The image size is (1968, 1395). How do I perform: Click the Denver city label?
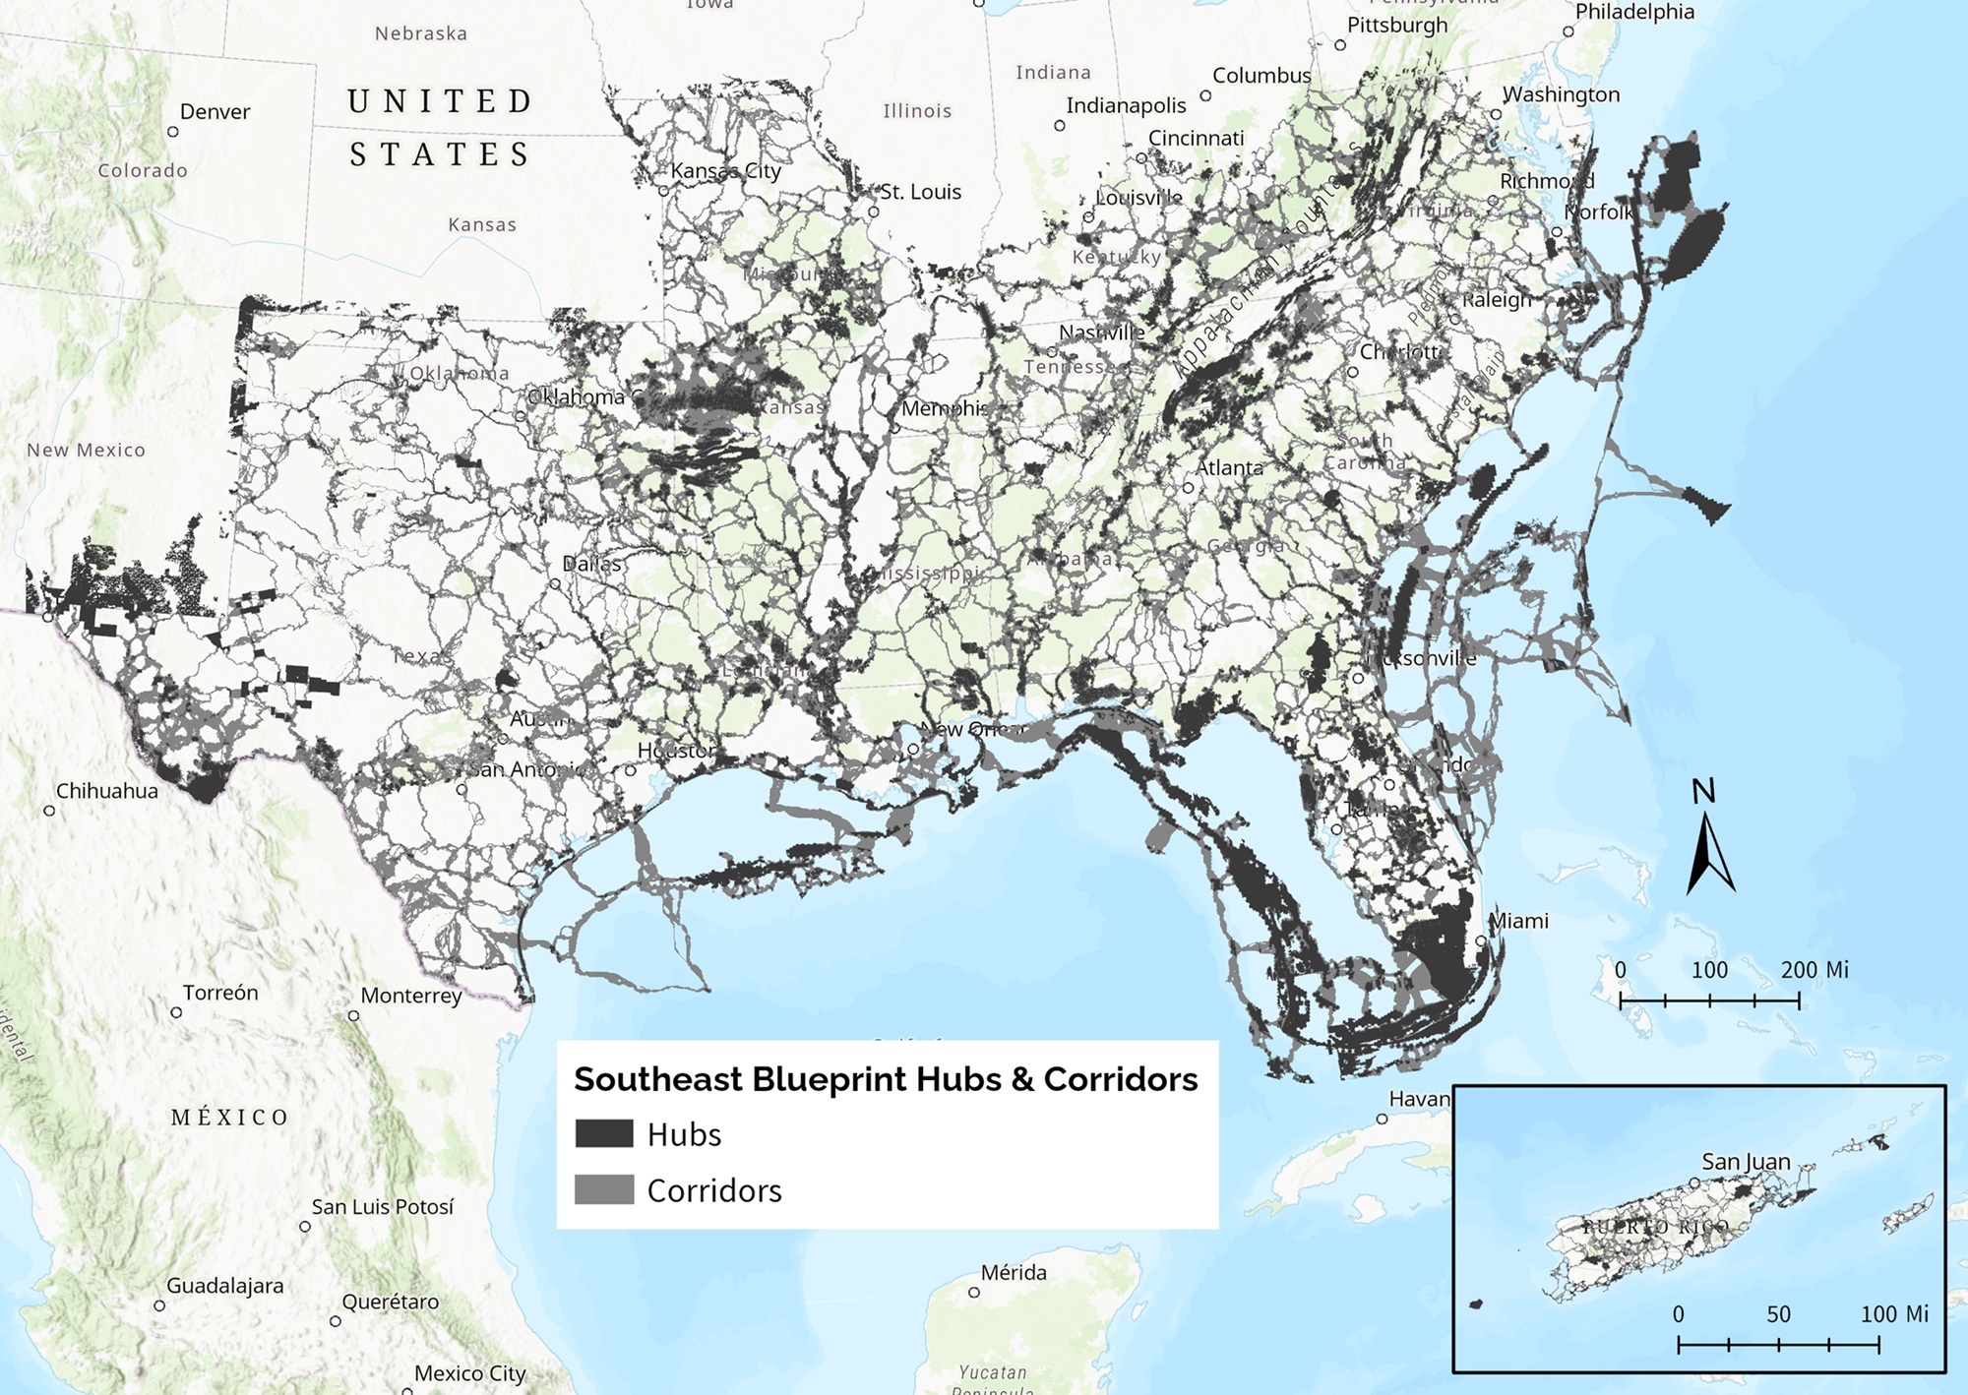(x=215, y=112)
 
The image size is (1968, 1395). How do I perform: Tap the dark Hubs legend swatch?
(x=604, y=1133)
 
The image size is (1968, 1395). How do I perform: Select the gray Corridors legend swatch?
(x=604, y=1189)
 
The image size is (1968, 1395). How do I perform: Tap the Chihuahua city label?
(x=106, y=791)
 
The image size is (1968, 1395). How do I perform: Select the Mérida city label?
(x=1014, y=1272)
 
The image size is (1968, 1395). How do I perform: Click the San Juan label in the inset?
(x=1746, y=1162)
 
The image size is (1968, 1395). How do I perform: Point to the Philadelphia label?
(x=1634, y=12)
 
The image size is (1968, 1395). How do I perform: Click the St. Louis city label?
(x=920, y=192)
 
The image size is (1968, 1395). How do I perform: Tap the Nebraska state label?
(x=421, y=33)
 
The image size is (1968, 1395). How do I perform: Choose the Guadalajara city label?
(x=224, y=1286)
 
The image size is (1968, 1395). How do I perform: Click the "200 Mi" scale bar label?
(x=1814, y=970)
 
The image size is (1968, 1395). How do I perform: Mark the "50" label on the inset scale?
(x=1778, y=1314)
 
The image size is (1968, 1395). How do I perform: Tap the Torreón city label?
(x=220, y=993)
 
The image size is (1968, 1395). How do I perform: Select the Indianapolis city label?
(x=1126, y=105)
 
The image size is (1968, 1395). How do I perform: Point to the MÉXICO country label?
(x=230, y=1118)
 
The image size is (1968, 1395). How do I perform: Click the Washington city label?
(x=1561, y=94)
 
